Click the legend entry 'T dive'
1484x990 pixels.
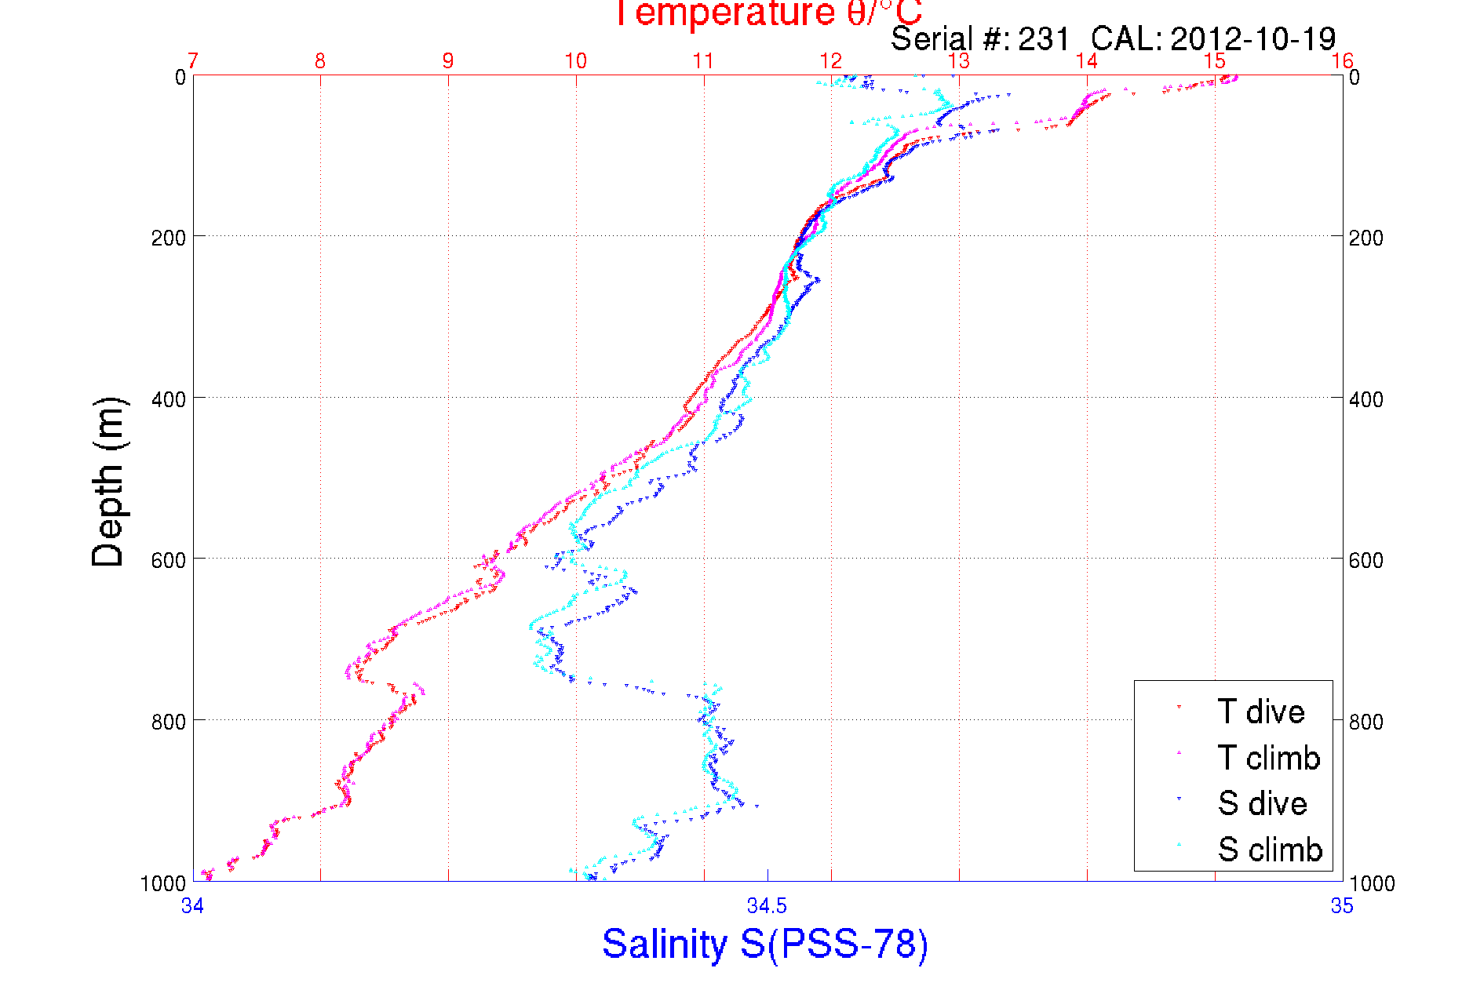pyautogui.click(x=1260, y=712)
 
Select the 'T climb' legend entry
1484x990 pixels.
pyautogui.click(x=1268, y=758)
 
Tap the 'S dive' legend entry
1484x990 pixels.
pyautogui.click(x=1262, y=803)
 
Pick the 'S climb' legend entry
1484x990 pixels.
pyautogui.click(x=1270, y=850)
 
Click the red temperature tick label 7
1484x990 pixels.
pyautogui.click(x=193, y=61)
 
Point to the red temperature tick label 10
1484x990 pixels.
pyautogui.click(x=575, y=61)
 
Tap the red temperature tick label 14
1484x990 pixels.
pyautogui.click(x=1086, y=61)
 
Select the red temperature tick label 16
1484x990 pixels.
pyautogui.click(x=1342, y=61)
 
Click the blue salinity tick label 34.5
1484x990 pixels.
pyautogui.click(x=767, y=906)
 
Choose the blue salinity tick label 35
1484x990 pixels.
pyautogui.click(x=1342, y=906)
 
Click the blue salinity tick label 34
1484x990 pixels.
pyautogui.click(x=193, y=906)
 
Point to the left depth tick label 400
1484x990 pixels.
pyautogui.click(x=169, y=399)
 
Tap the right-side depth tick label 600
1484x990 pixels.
pyautogui.click(x=1365, y=560)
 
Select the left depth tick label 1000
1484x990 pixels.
pyautogui.click(x=163, y=883)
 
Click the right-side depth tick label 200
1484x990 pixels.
pyautogui.click(x=1365, y=238)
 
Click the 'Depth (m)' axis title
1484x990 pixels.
pyautogui.click(x=108, y=482)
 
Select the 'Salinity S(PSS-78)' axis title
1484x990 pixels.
pyautogui.click(x=765, y=944)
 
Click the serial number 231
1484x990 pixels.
pyautogui.click(x=1044, y=38)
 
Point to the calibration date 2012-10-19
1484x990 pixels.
pyautogui.click(x=1252, y=38)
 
